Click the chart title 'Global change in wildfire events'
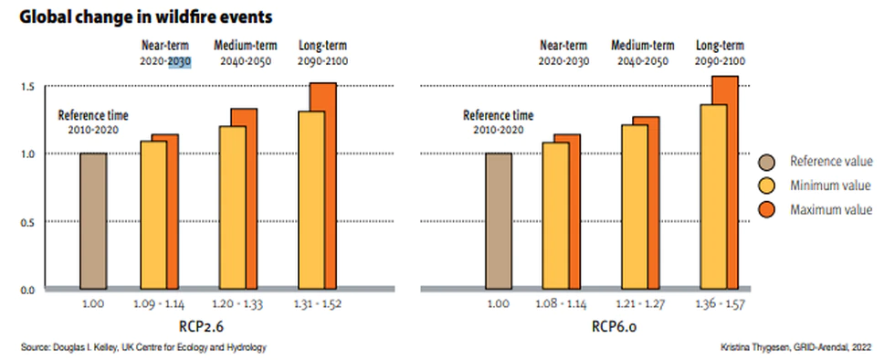(146, 17)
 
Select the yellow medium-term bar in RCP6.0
(634, 206)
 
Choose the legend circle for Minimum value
(769, 185)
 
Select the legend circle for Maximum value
(769, 210)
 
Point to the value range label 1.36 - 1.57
(721, 303)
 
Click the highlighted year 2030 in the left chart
(179, 61)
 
